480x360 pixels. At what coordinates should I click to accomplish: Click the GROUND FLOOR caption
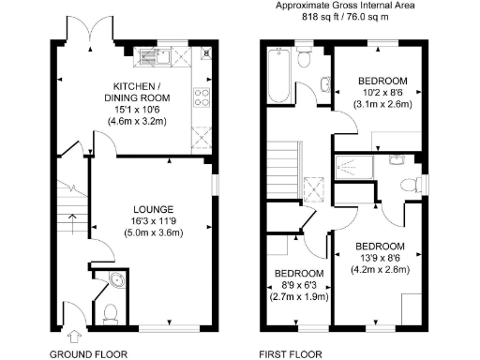[87, 354]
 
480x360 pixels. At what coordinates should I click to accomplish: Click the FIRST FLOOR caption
[290, 354]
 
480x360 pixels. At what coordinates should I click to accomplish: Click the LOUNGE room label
[152, 208]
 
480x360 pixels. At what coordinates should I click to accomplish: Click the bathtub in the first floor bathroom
[278, 77]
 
